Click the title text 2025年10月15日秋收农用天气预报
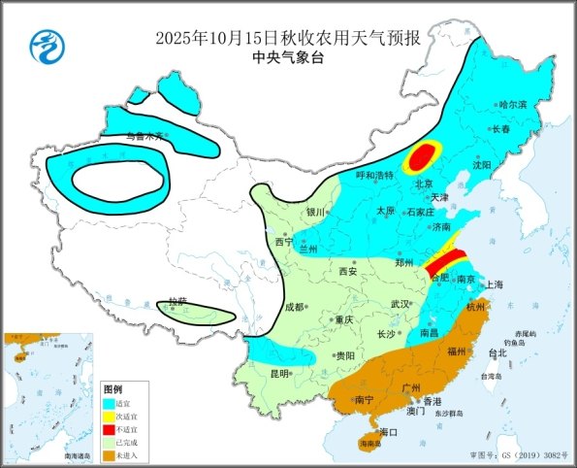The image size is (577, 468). pyautogui.click(x=288, y=38)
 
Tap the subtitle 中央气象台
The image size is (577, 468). pyautogui.click(x=288, y=58)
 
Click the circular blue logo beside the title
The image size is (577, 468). pyautogui.click(x=45, y=45)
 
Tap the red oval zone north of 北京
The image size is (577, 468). pyautogui.click(x=422, y=155)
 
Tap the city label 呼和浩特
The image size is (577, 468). pyautogui.click(x=374, y=176)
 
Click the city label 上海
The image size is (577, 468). pyautogui.click(x=494, y=284)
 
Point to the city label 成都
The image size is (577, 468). pyautogui.click(x=294, y=307)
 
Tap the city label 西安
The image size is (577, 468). pyautogui.click(x=346, y=272)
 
